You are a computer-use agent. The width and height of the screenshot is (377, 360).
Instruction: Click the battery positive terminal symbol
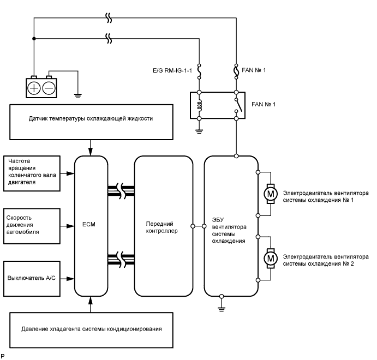point(35,88)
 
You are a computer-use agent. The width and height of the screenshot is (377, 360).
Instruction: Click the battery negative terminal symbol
point(49,88)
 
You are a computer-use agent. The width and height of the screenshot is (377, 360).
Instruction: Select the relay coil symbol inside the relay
point(200,105)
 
